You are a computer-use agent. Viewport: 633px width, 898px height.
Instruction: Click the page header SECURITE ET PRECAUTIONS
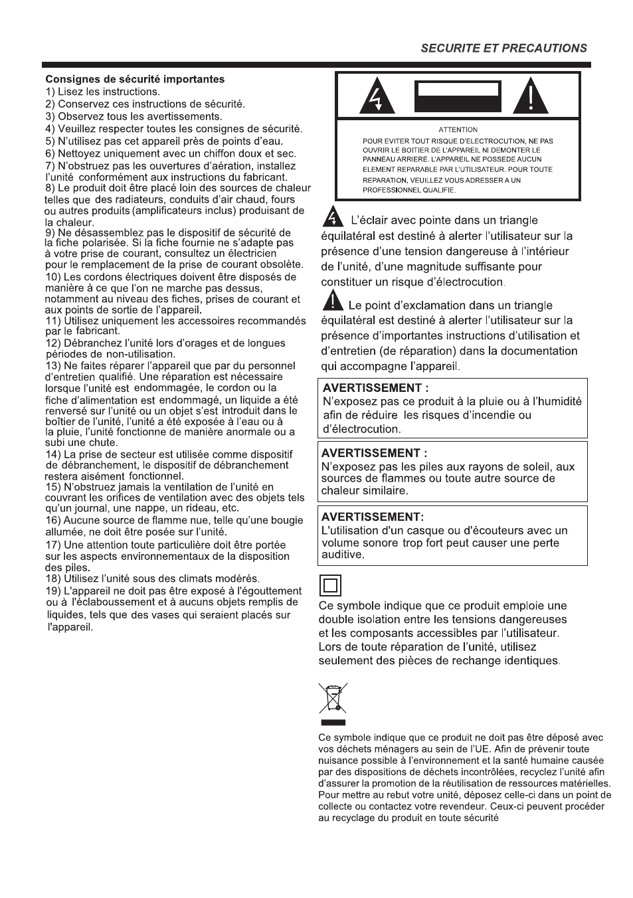504,48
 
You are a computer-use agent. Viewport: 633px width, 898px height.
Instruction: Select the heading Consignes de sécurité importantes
135,79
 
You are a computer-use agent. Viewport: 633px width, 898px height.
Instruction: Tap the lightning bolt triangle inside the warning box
377,98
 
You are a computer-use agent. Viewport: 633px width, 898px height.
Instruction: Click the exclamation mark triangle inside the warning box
530,97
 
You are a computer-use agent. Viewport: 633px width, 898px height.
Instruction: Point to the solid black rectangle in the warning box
457,97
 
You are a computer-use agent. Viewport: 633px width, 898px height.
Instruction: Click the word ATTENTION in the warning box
458,130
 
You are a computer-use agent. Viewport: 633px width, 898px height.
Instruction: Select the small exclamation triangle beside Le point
333,302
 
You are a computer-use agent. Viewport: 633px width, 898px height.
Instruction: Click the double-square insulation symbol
330,586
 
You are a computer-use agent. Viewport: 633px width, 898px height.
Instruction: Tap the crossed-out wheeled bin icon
333,698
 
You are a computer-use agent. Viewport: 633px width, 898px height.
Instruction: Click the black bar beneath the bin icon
333,722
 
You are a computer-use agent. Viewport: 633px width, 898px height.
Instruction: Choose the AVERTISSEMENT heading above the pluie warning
375,388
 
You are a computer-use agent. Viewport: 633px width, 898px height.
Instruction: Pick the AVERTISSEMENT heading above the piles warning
374,453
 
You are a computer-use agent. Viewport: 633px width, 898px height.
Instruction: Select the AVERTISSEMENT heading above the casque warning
372,517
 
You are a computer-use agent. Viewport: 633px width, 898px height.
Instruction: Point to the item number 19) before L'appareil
53,591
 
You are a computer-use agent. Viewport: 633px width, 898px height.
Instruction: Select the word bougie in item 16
286,521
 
